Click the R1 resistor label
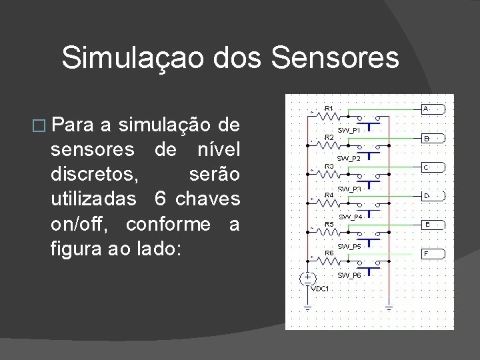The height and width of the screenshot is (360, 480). [329, 107]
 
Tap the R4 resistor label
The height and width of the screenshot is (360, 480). [329, 195]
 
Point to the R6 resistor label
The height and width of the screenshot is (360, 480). [329, 253]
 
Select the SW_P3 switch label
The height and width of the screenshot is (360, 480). [349, 189]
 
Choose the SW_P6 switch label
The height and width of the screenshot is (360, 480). [349, 275]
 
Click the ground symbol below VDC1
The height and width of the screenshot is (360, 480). [307, 307]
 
